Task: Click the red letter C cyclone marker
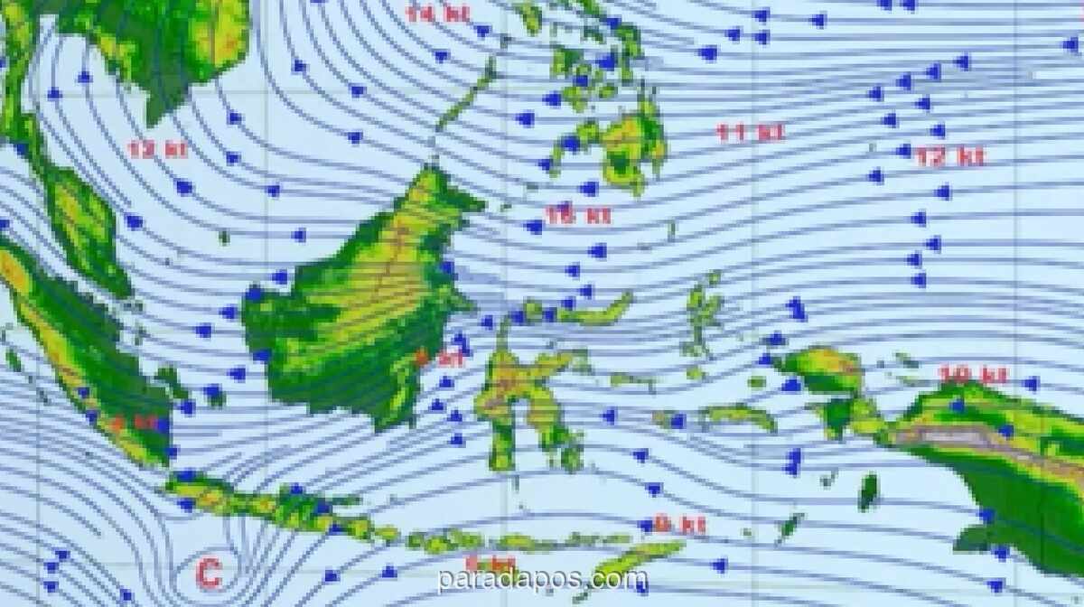tap(209, 573)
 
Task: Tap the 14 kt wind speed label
tap(436, 14)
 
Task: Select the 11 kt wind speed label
tap(750, 133)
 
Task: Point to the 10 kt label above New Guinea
tap(972, 375)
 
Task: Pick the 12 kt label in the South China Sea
tap(157, 149)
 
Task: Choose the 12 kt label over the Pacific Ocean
tap(948, 157)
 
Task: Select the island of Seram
tap(737, 416)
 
